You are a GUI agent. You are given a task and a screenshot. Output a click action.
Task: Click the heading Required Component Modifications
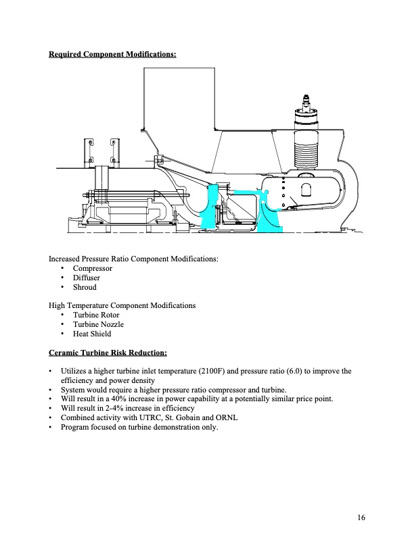point(112,54)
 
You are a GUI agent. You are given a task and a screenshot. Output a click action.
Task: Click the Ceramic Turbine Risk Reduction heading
point(108,353)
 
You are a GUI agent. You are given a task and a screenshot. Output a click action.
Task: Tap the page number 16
point(361,517)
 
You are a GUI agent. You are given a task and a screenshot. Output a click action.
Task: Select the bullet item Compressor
point(93,268)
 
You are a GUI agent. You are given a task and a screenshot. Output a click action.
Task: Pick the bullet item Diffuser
point(87,278)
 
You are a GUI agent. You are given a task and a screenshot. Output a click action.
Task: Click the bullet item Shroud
point(85,287)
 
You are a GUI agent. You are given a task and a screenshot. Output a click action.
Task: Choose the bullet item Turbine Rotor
point(96,315)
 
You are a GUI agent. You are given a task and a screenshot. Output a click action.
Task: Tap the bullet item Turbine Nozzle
point(98,324)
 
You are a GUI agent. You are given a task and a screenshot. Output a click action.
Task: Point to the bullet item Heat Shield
point(92,334)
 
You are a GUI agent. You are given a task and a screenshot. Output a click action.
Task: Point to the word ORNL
point(227,417)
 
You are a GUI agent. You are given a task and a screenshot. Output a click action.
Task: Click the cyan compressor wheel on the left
point(209,207)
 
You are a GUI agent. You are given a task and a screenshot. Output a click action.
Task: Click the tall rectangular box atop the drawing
point(179,99)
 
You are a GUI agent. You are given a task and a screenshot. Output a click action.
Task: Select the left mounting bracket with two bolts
point(89,153)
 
